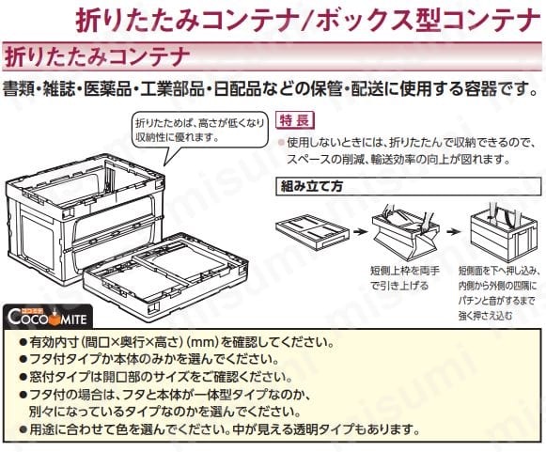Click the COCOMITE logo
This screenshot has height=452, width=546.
click(47, 316)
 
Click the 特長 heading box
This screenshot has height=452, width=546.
click(294, 120)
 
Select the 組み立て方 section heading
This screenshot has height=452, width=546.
click(409, 186)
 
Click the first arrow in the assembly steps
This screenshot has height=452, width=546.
click(361, 231)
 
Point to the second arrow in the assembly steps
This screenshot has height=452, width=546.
click(455, 231)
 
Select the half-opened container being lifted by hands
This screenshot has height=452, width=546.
click(405, 232)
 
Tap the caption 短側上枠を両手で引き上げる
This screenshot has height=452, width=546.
click(405, 278)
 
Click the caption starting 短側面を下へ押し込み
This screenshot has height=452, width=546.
click(499, 293)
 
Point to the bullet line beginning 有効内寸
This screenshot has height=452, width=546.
click(177, 343)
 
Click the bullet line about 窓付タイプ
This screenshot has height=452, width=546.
click(156, 377)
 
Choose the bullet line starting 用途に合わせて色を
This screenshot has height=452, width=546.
click(220, 429)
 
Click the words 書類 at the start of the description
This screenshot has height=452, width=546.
click(19, 89)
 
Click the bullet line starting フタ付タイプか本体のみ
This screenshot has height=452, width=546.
click(149, 360)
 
